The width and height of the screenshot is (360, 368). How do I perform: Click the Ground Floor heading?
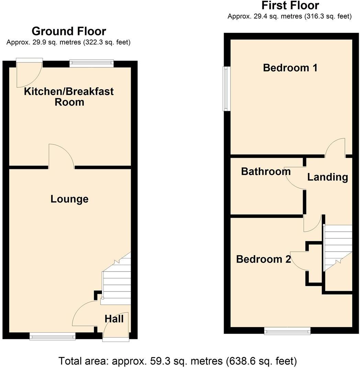[69, 31]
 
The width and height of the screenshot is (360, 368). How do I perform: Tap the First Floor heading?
[290, 5]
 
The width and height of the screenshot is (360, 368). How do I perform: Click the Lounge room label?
[69, 199]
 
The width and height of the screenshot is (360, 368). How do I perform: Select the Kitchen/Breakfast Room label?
[69, 97]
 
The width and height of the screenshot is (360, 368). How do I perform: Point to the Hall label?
[114, 319]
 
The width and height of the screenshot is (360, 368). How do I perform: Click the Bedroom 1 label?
[290, 68]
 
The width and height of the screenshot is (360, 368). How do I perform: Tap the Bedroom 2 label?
[263, 259]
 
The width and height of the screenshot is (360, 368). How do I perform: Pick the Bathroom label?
[266, 171]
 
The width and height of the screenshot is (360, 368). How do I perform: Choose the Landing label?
[327, 177]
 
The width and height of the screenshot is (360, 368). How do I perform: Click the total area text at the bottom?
[178, 361]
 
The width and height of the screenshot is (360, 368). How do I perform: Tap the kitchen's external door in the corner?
[30, 74]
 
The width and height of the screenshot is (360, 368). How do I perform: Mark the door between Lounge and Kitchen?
[61, 157]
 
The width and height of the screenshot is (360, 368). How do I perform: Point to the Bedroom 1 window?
[226, 89]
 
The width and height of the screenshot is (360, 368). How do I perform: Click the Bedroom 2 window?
[287, 331]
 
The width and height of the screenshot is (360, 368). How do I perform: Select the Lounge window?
[53, 336]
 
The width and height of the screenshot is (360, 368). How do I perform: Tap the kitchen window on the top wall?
[91, 63]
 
